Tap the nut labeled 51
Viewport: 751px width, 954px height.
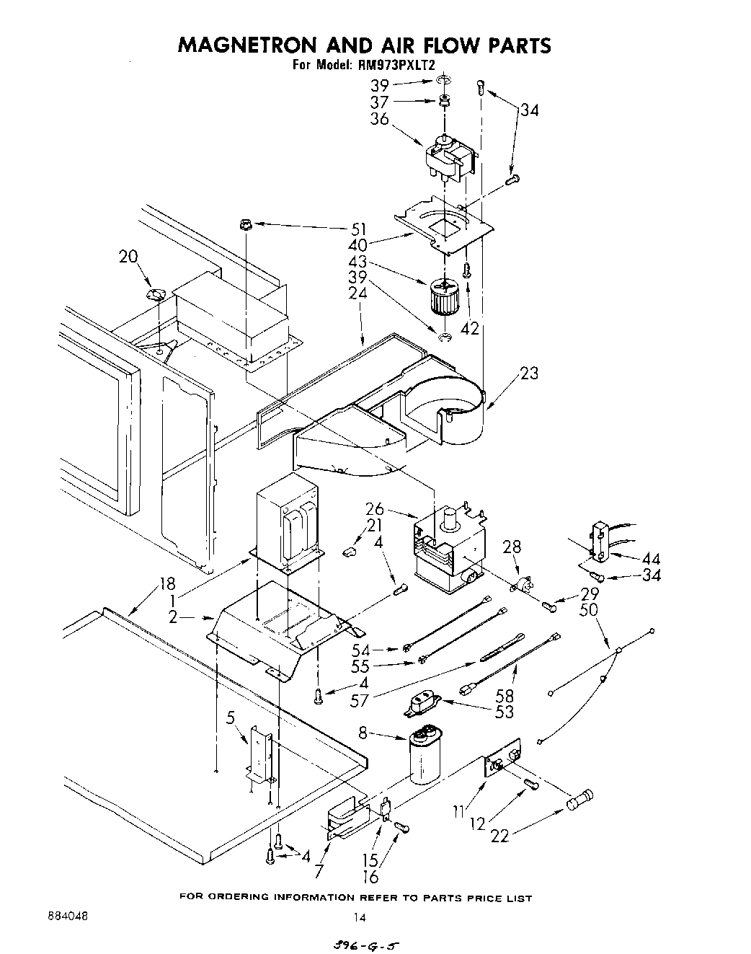(244, 226)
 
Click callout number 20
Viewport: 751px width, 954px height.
(128, 257)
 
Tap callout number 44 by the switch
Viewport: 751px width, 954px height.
(651, 559)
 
